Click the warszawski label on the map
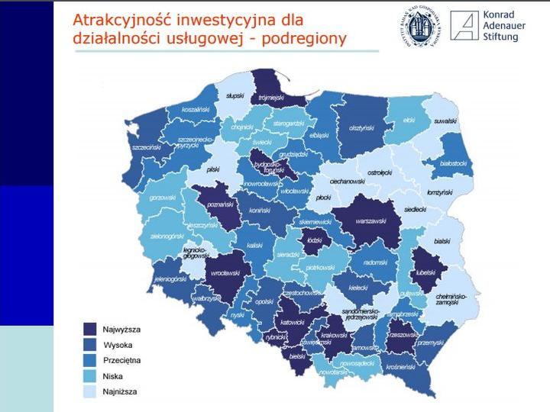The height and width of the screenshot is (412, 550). (371, 222)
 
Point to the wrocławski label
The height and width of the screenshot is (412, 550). (226, 271)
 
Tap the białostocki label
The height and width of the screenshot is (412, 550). (454, 152)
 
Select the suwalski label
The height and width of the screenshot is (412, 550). (445, 121)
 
